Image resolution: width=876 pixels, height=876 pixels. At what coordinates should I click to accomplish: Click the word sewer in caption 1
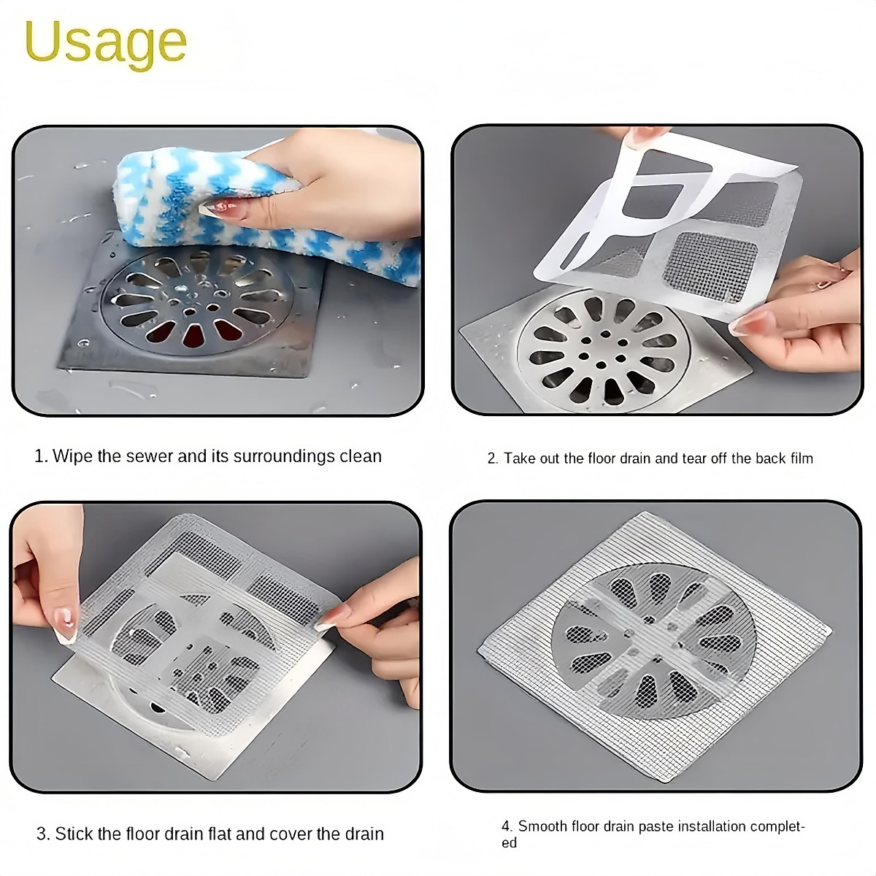[150, 456]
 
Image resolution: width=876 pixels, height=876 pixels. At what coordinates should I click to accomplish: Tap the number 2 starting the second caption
[492, 458]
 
